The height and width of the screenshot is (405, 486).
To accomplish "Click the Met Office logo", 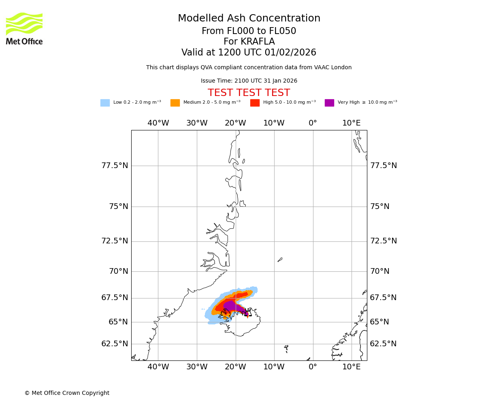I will point(24,28).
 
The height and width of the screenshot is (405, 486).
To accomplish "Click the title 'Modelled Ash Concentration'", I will point(249,19).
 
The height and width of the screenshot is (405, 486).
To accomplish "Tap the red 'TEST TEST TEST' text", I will point(249,93).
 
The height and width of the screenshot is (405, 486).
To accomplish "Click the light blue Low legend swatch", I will point(105,103).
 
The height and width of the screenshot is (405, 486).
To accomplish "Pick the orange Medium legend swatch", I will point(175,103).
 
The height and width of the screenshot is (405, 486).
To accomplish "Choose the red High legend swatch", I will point(255,103).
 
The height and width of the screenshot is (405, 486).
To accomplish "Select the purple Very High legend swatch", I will point(329,103).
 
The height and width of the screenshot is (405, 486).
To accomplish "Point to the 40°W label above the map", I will point(158,123).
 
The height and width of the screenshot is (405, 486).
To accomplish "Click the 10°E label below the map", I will point(352,367).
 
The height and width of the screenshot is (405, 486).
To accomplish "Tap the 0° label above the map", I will point(313,123).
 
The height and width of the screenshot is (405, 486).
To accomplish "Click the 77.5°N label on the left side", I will point(115,166).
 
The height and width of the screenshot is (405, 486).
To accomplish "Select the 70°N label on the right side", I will point(380,271).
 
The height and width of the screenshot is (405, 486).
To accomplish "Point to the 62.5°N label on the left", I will point(115,344).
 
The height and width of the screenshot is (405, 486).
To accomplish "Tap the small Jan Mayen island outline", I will point(280,260).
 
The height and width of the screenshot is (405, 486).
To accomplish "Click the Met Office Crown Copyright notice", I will point(67,393).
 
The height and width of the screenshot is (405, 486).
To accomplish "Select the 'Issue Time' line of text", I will point(249,81).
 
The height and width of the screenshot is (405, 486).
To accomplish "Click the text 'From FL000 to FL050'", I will point(249,31).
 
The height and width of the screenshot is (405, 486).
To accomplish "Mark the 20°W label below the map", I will point(235,367).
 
